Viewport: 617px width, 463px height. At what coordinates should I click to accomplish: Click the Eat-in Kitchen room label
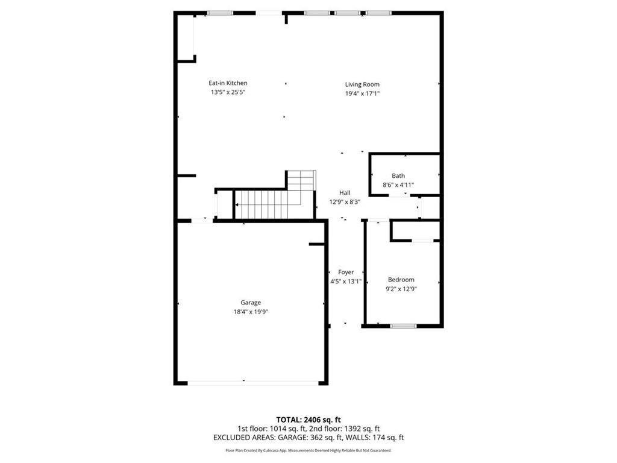(228, 83)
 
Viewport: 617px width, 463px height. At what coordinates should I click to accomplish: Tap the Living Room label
(362, 84)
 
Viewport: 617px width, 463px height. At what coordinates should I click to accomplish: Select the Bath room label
(398, 176)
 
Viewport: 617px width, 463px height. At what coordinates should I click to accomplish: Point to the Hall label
(344, 193)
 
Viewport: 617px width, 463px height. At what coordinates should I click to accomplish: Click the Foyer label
(346, 272)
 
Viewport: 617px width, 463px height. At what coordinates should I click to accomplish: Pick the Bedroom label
(401, 280)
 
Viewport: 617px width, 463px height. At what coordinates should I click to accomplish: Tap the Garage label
(251, 303)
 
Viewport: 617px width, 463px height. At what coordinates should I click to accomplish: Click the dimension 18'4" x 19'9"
(251, 312)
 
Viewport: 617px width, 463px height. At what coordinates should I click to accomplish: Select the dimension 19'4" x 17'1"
(362, 93)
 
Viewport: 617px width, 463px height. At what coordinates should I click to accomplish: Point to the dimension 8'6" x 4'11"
(398, 185)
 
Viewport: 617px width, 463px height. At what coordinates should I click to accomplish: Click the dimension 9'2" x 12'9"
(401, 289)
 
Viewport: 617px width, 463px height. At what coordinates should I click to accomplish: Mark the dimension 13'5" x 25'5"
(228, 92)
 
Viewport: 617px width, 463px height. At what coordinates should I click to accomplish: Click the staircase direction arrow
(237, 205)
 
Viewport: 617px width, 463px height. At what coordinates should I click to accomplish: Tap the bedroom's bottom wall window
(403, 326)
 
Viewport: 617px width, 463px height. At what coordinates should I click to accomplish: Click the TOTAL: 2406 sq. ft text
(308, 420)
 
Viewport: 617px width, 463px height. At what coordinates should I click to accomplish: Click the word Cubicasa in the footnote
(277, 450)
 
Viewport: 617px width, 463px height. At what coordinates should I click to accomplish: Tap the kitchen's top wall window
(220, 13)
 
